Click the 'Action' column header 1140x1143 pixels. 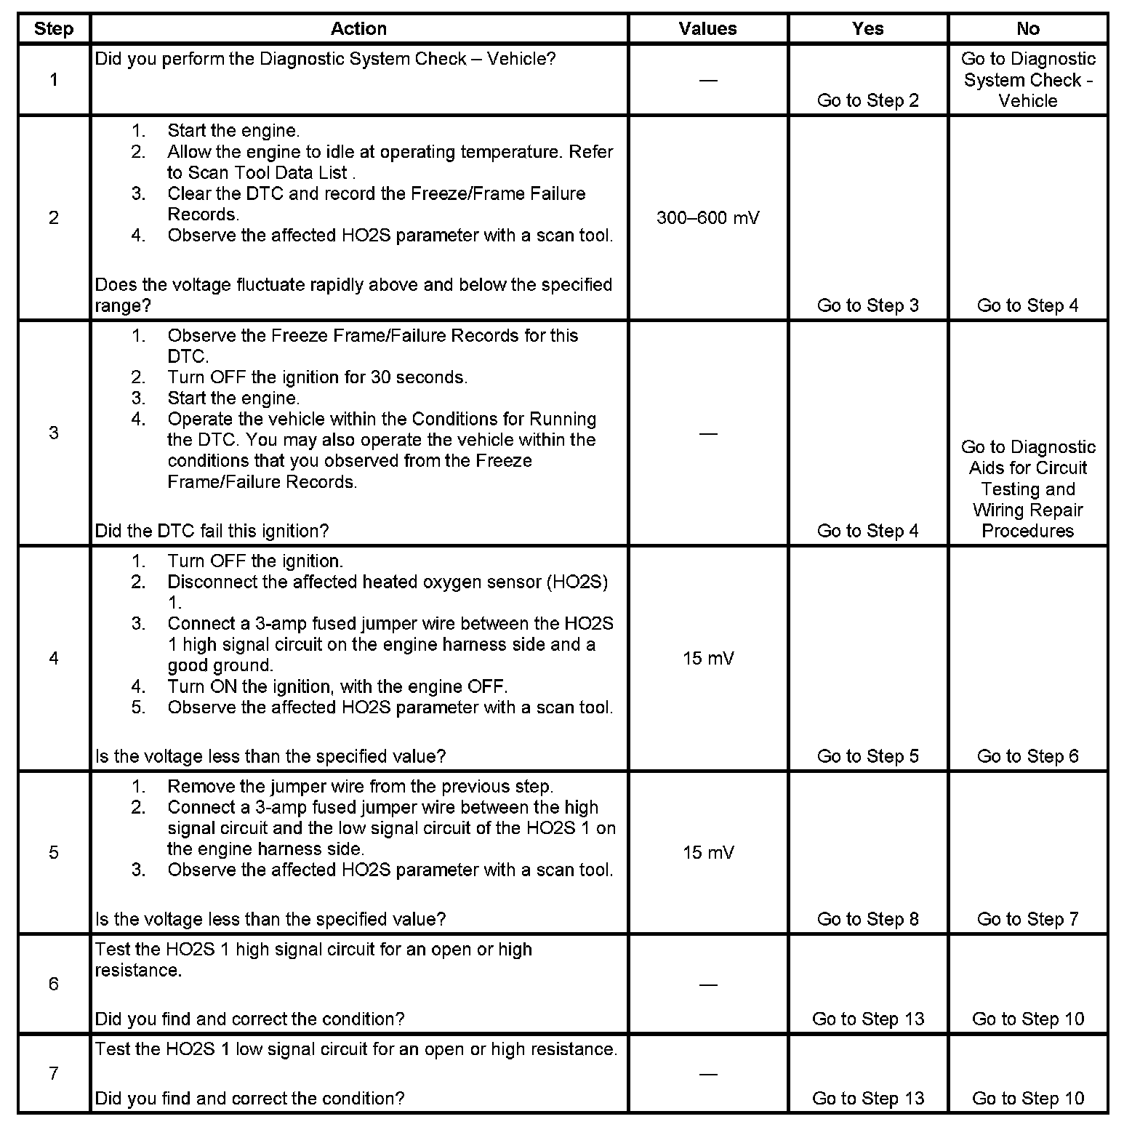pyautogui.click(x=358, y=29)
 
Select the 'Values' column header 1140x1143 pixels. pyautogui.click(x=707, y=29)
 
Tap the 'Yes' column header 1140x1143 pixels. pyautogui.click(x=867, y=29)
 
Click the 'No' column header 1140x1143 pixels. pyautogui.click(x=1027, y=29)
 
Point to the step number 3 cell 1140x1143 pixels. pyautogui.click(x=54, y=433)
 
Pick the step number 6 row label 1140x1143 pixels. pyautogui.click(x=54, y=984)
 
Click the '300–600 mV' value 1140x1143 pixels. pyautogui.click(x=707, y=218)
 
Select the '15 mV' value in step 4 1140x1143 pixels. pyautogui.click(x=707, y=659)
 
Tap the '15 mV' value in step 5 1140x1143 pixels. pyautogui.click(x=707, y=852)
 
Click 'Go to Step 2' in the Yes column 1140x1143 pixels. pyautogui.click(x=867, y=100)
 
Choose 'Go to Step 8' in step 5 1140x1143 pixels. pyautogui.click(x=867, y=919)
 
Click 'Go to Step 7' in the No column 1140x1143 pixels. pyautogui.click(x=1027, y=919)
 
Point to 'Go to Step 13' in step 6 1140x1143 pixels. pyautogui.click(x=867, y=1019)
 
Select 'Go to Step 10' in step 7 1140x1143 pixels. pyautogui.click(x=1027, y=1098)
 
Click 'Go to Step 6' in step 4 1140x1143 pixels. pyautogui.click(x=1027, y=756)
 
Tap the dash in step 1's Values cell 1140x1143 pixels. pyautogui.click(x=707, y=80)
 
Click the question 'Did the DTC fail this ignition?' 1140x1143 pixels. pyautogui.click(x=212, y=531)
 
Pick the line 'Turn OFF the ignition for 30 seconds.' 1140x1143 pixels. pyautogui.click(x=317, y=377)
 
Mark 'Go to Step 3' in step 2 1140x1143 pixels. pyautogui.click(x=867, y=305)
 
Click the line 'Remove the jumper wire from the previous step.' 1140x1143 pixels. pyautogui.click(x=360, y=787)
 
